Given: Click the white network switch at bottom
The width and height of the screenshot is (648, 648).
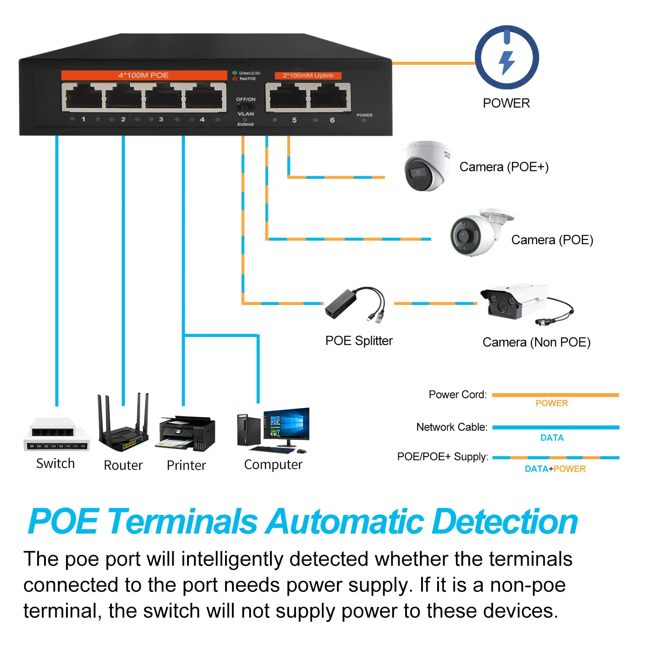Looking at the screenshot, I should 56,434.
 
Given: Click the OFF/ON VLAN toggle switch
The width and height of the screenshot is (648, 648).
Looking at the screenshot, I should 246,106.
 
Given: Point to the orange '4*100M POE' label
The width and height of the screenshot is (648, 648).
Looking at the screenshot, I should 144,75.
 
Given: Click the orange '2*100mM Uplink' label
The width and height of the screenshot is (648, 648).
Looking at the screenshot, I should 308,76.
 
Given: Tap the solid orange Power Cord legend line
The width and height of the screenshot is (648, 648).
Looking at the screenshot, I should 555,395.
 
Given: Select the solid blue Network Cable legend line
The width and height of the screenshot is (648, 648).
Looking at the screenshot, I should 555,427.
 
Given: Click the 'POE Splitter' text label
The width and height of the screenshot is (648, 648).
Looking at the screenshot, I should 359,341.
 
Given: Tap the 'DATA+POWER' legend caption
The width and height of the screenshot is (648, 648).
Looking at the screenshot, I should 555,469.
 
